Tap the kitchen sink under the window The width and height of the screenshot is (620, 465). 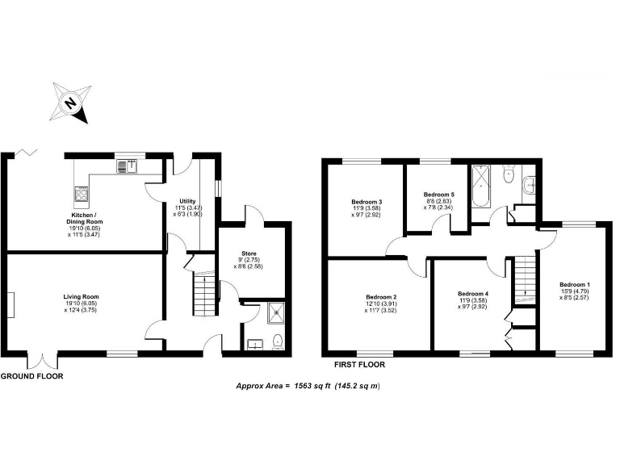point(127,167)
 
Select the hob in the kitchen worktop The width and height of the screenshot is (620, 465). point(82,194)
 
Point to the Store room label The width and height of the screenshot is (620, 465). point(249,253)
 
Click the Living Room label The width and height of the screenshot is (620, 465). point(81,297)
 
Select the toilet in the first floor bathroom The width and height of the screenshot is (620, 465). point(509,174)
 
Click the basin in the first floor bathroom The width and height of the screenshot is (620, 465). point(530,184)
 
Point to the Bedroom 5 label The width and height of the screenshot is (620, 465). point(439,195)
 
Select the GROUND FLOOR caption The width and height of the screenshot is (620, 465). point(31,376)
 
